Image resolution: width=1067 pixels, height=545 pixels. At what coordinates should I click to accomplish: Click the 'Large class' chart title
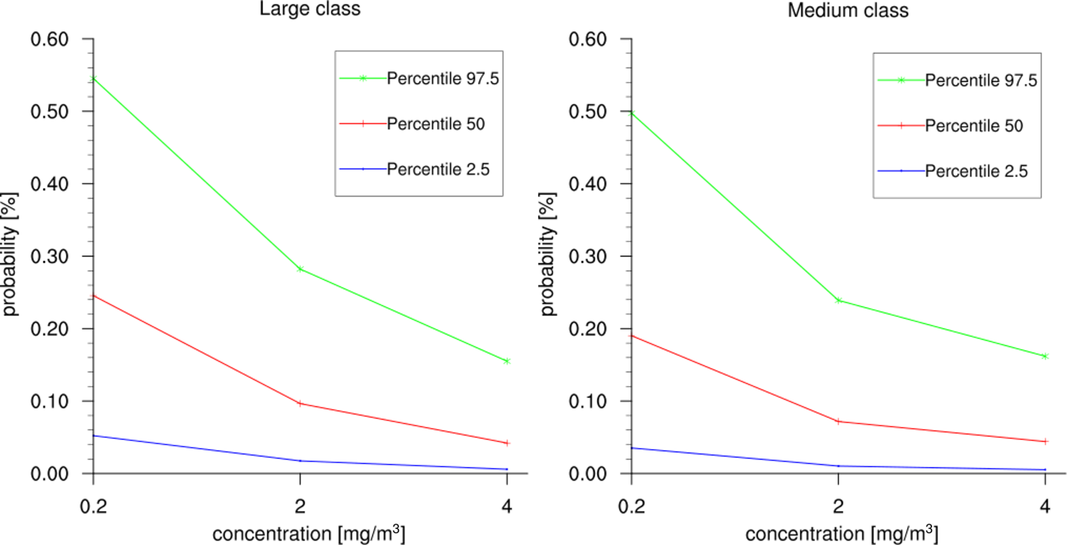click(x=310, y=9)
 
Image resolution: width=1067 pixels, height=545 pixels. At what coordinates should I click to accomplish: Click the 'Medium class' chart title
click(x=848, y=10)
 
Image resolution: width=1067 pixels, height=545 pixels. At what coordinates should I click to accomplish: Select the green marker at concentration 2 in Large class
click(x=300, y=269)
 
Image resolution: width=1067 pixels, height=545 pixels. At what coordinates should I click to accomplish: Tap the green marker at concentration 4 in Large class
click(x=507, y=361)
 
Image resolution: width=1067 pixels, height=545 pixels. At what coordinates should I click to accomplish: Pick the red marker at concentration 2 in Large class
click(x=300, y=403)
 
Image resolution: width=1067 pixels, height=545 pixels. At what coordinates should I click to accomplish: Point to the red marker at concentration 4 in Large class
click(x=507, y=443)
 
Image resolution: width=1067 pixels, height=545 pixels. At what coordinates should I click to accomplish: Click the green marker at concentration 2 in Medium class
click(x=838, y=300)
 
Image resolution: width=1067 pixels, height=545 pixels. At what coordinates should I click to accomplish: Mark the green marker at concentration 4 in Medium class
click(x=1045, y=356)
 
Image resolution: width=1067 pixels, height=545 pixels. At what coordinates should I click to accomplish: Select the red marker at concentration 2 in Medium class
click(x=838, y=422)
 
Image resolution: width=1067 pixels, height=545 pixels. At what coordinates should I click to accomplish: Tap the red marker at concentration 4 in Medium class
click(x=1045, y=442)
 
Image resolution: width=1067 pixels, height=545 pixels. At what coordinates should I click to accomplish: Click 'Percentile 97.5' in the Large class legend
click(x=442, y=79)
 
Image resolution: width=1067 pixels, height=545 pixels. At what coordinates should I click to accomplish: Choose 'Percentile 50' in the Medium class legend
click(x=974, y=126)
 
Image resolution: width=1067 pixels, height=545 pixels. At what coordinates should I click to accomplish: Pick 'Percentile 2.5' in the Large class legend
click(x=438, y=169)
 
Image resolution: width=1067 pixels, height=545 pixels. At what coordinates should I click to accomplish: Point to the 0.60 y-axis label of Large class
click(x=50, y=39)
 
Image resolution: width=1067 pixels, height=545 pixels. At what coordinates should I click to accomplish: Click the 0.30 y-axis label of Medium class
click(x=587, y=256)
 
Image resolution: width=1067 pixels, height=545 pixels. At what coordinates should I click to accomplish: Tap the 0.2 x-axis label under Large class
click(x=93, y=507)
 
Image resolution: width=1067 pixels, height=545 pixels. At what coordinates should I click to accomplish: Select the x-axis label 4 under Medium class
click(x=1045, y=507)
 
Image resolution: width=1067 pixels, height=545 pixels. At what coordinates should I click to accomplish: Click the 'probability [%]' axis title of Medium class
click(x=547, y=254)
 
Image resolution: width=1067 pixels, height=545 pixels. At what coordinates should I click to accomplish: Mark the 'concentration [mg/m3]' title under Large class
click(x=309, y=534)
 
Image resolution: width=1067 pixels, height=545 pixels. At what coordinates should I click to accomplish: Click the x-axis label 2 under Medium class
click(x=838, y=507)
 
